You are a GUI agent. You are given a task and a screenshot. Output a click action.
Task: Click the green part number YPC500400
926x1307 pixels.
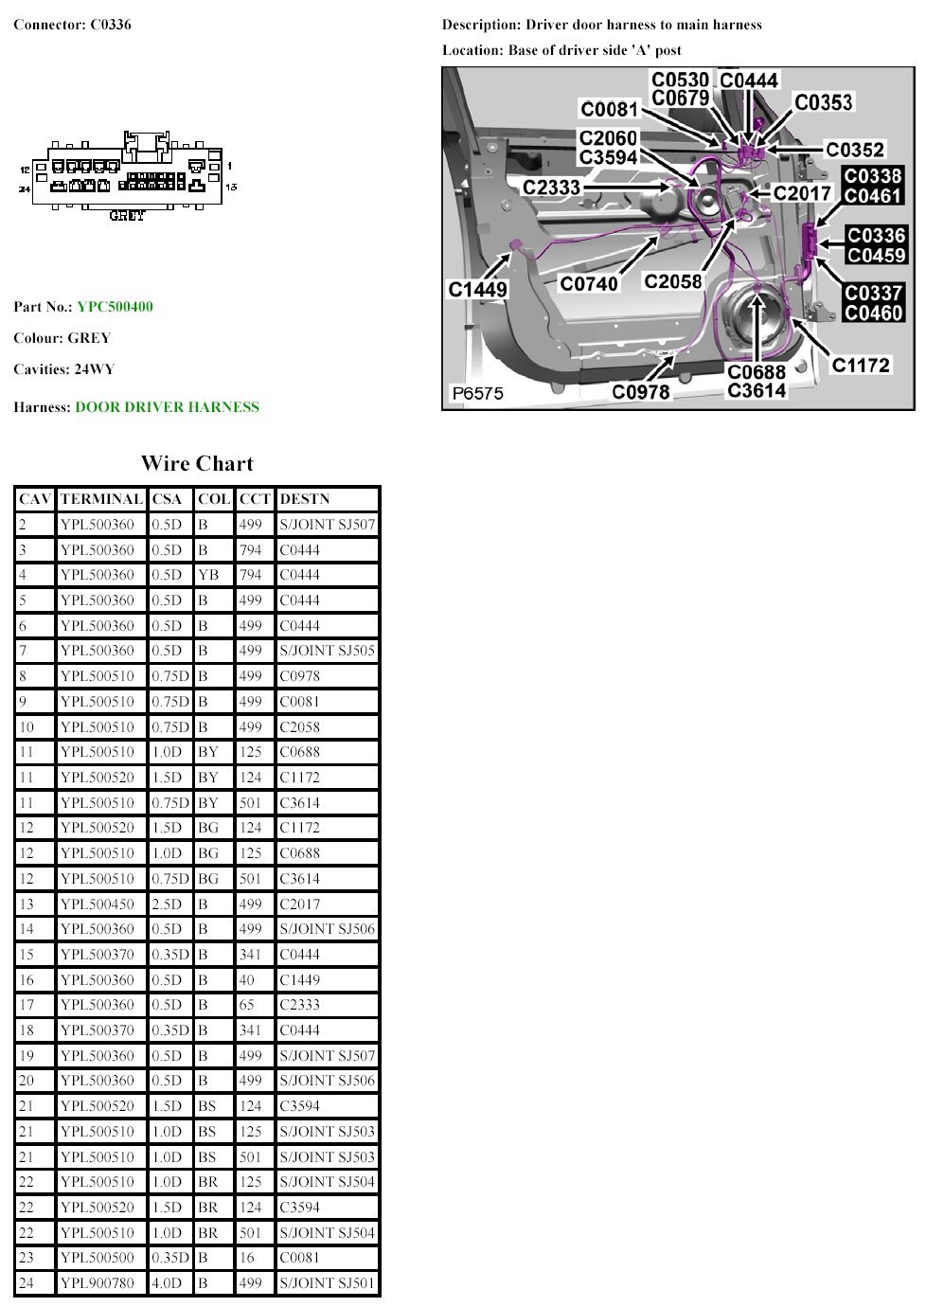click(x=115, y=307)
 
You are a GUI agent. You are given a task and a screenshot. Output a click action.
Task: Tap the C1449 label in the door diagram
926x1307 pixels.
click(x=477, y=289)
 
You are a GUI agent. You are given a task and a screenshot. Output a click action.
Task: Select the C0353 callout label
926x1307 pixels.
click(x=824, y=102)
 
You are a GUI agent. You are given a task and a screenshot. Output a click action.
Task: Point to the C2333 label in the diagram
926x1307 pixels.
click(x=551, y=188)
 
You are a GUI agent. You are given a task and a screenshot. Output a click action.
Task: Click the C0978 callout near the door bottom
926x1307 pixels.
click(x=640, y=391)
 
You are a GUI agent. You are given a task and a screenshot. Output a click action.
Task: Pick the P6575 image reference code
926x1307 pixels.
click(x=477, y=393)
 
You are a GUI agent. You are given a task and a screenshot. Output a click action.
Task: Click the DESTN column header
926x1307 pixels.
click(x=305, y=499)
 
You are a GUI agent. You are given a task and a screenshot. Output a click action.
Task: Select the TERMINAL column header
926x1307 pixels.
click(x=101, y=499)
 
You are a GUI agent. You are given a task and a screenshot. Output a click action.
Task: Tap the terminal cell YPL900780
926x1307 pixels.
click(x=98, y=1282)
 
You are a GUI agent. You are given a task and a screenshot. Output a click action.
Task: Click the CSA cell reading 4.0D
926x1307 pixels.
click(x=167, y=1282)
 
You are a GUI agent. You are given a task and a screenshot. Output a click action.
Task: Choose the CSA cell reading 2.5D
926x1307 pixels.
click(x=167, y=904)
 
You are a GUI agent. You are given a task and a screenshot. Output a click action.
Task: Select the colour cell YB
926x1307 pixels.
click(x=208, y=575)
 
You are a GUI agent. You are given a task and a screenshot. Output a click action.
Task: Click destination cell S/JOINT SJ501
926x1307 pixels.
click(x=327, y=1282)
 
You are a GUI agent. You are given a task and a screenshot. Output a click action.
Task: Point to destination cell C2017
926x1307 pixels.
click(x=300, y=904)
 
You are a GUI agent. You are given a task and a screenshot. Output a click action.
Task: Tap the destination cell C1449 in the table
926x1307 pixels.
click(x=300, y=979)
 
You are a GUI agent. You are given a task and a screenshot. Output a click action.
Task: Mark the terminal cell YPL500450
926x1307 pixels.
click(x=98, y=904)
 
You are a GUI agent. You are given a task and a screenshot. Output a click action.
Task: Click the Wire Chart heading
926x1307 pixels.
click(x=197, y=463)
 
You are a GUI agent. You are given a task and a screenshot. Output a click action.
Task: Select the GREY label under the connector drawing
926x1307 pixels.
click(x=127, y=215)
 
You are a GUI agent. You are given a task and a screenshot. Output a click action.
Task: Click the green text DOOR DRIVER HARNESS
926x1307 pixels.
click(x=168, y=406)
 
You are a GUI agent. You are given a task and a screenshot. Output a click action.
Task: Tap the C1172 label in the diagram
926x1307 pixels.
click(x=861, y=366)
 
